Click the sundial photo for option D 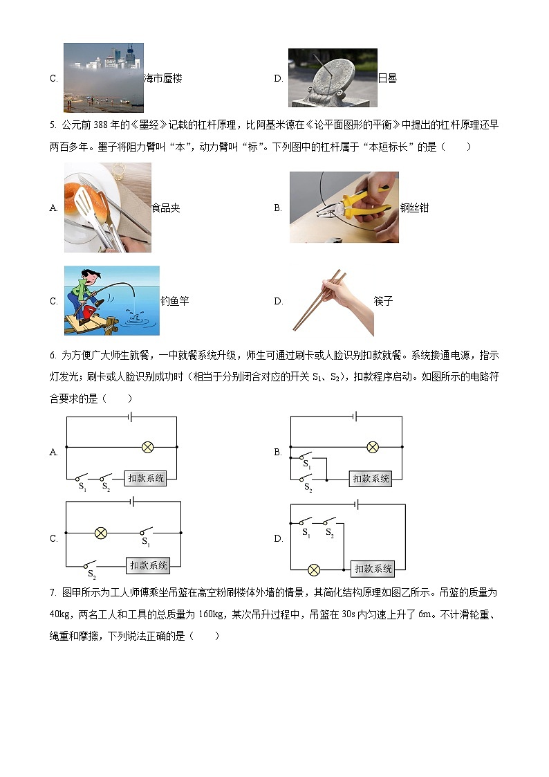(333, 77)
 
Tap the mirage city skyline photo (103, 77)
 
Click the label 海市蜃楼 (162, 78)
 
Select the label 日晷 (387, 78)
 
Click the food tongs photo (107, 208)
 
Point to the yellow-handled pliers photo (344, 207)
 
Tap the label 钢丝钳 (414, 208)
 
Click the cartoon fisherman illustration (111, 300)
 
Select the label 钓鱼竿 (174, 301)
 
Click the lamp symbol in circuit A (147, 447)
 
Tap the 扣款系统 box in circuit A (145, 478)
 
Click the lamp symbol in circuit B (372, 447)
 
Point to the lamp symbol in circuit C (101, 533)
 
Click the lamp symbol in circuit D (314, 569)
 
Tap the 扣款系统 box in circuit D (373, 569)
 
